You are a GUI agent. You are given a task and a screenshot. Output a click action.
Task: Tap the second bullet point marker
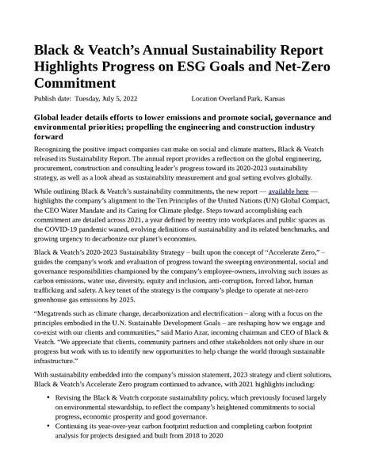coord(49,427)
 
